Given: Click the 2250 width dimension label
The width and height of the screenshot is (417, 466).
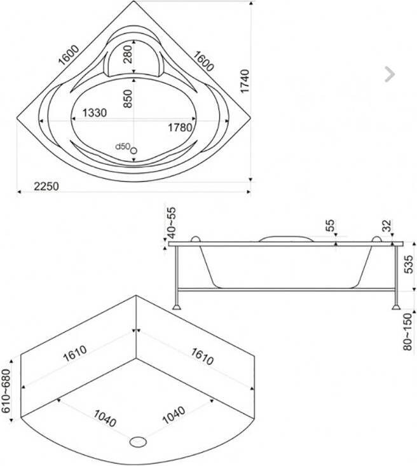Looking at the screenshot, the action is tap(46, 186).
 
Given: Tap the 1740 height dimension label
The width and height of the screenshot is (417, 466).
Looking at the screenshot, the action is tap(245, 81).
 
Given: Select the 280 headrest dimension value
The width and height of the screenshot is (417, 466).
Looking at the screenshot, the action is tap(128, 54).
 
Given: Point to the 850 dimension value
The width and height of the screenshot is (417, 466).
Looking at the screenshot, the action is tap(128, 99).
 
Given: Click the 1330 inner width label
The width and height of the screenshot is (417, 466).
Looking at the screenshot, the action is tap(94, 113).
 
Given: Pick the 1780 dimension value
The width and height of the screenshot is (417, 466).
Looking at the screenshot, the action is tap(181, 127).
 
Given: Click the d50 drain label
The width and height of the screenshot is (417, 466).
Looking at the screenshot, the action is tap(123, 146).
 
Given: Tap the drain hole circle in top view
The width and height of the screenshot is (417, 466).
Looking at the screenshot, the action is tap(133, 151).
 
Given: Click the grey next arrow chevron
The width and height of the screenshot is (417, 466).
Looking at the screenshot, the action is tap(390, 74).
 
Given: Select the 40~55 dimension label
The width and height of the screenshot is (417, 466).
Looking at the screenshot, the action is tap(172, 223).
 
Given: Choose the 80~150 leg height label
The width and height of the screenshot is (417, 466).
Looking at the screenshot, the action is tap(408, 331).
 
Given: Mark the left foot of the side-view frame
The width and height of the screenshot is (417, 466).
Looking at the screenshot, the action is tap(177, 306).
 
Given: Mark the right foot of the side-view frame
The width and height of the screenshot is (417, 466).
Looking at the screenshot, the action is tap(396, 306).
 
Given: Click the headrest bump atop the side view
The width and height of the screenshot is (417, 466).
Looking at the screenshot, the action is tap(286, 238).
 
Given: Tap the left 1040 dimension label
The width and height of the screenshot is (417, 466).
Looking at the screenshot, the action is tap(105, 418).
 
